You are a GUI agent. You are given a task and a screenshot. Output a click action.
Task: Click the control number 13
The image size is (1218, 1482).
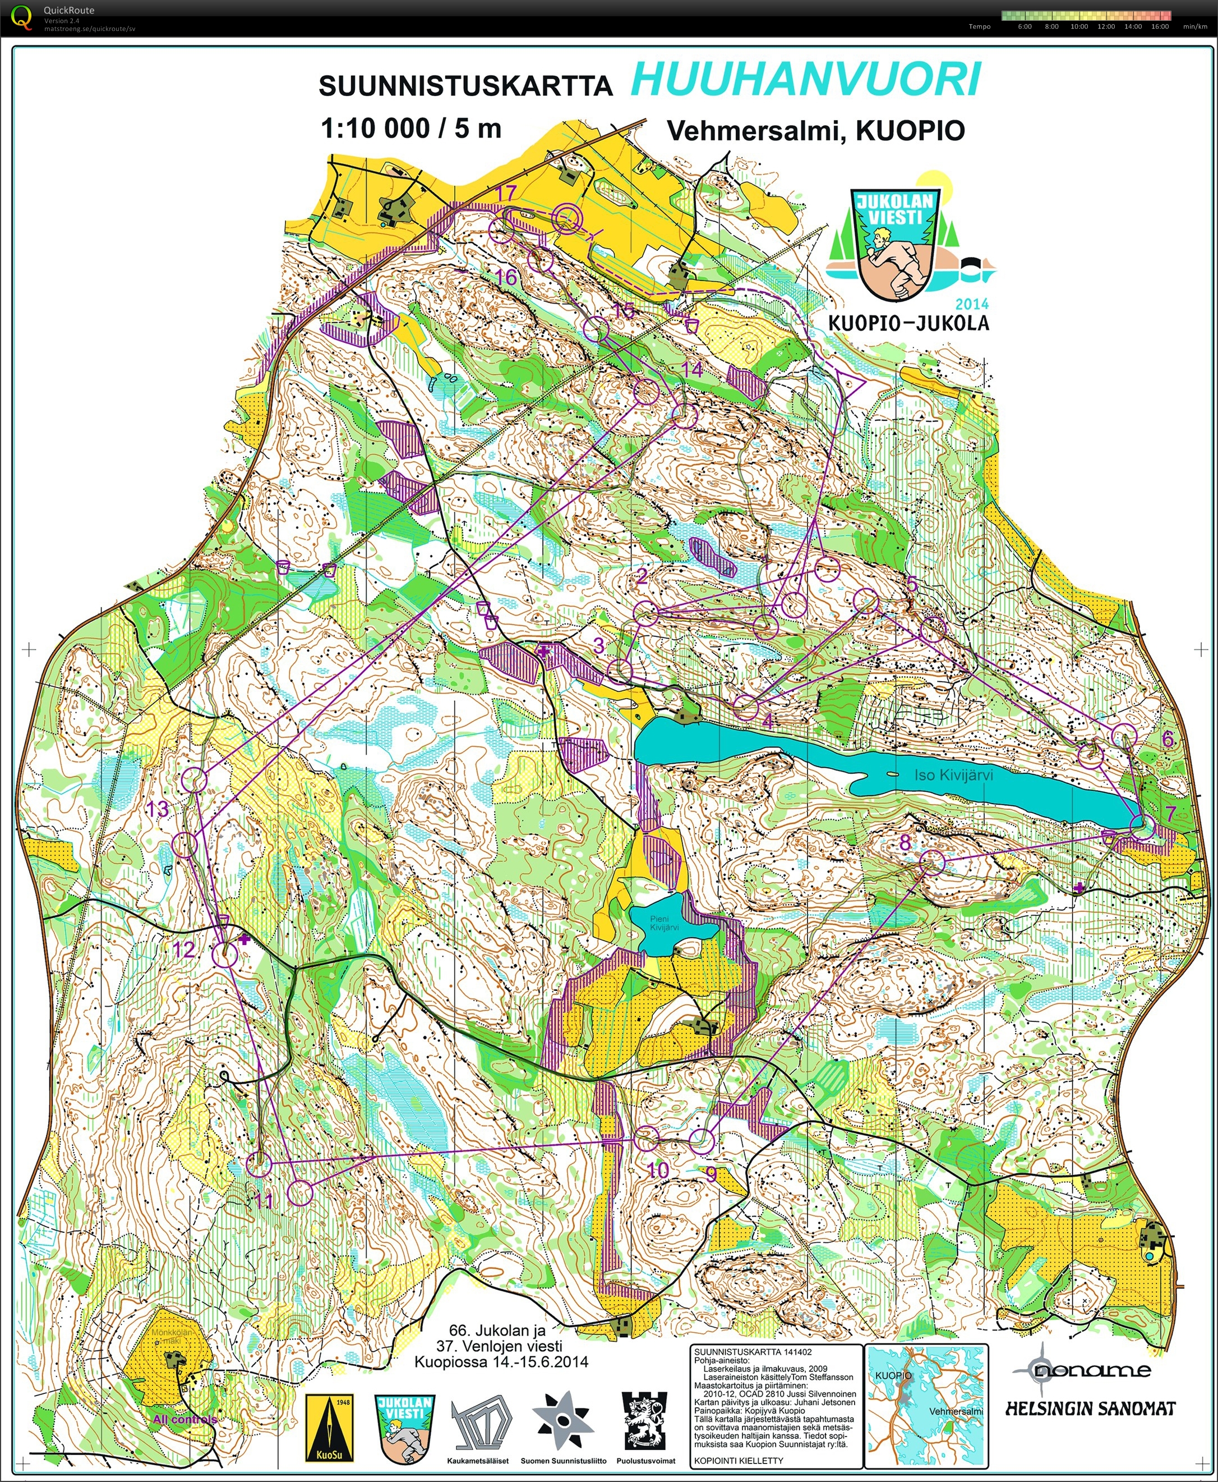point(158,809)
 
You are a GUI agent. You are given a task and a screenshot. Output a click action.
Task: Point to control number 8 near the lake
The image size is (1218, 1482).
point(905,842)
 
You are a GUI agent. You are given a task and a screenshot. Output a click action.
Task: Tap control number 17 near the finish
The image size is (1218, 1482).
point(505,194)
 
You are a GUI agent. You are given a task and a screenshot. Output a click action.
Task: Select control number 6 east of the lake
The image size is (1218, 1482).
point(1168,738)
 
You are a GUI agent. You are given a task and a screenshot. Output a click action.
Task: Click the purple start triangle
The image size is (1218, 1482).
point(850,383)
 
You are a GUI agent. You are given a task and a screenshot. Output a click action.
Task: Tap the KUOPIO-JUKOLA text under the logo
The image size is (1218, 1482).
point(908,323)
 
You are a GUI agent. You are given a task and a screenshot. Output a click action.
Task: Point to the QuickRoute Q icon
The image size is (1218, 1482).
point(22,17)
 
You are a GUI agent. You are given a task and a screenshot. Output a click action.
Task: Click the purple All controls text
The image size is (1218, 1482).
point(185,1419)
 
